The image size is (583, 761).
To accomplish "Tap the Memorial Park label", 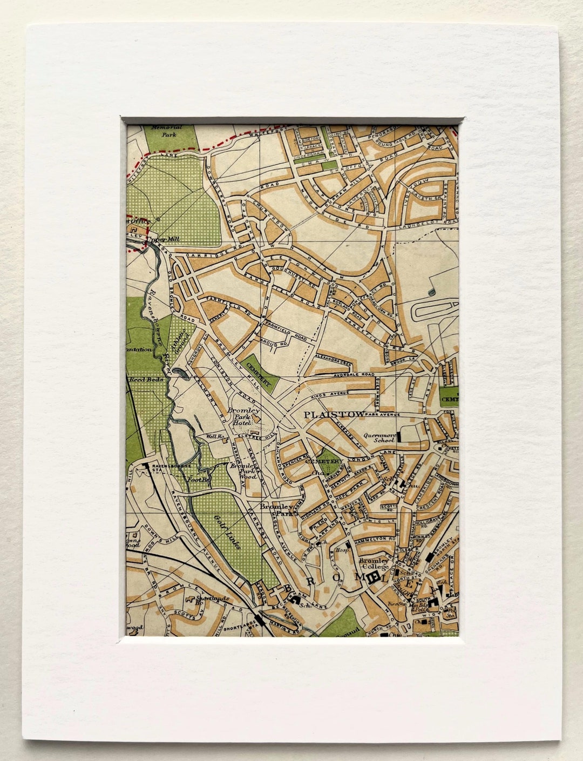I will coord(167,131).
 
